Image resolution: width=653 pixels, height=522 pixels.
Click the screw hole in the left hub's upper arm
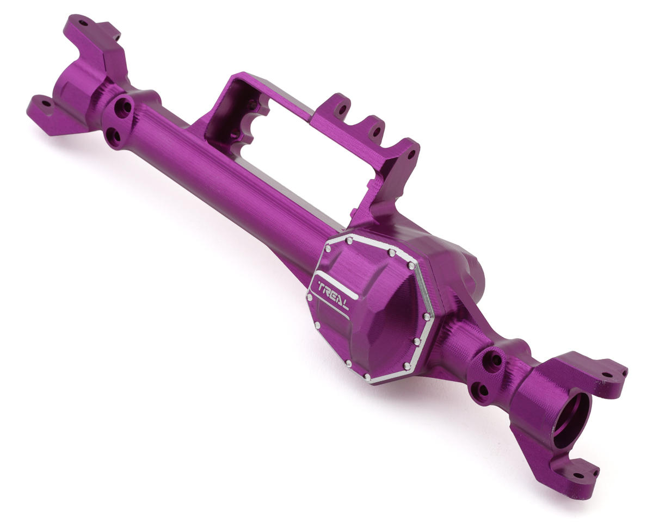point(83,23)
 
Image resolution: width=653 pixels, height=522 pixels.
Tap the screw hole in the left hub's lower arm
point(47,104)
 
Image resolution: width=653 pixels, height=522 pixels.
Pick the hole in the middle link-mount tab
point(376,132)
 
